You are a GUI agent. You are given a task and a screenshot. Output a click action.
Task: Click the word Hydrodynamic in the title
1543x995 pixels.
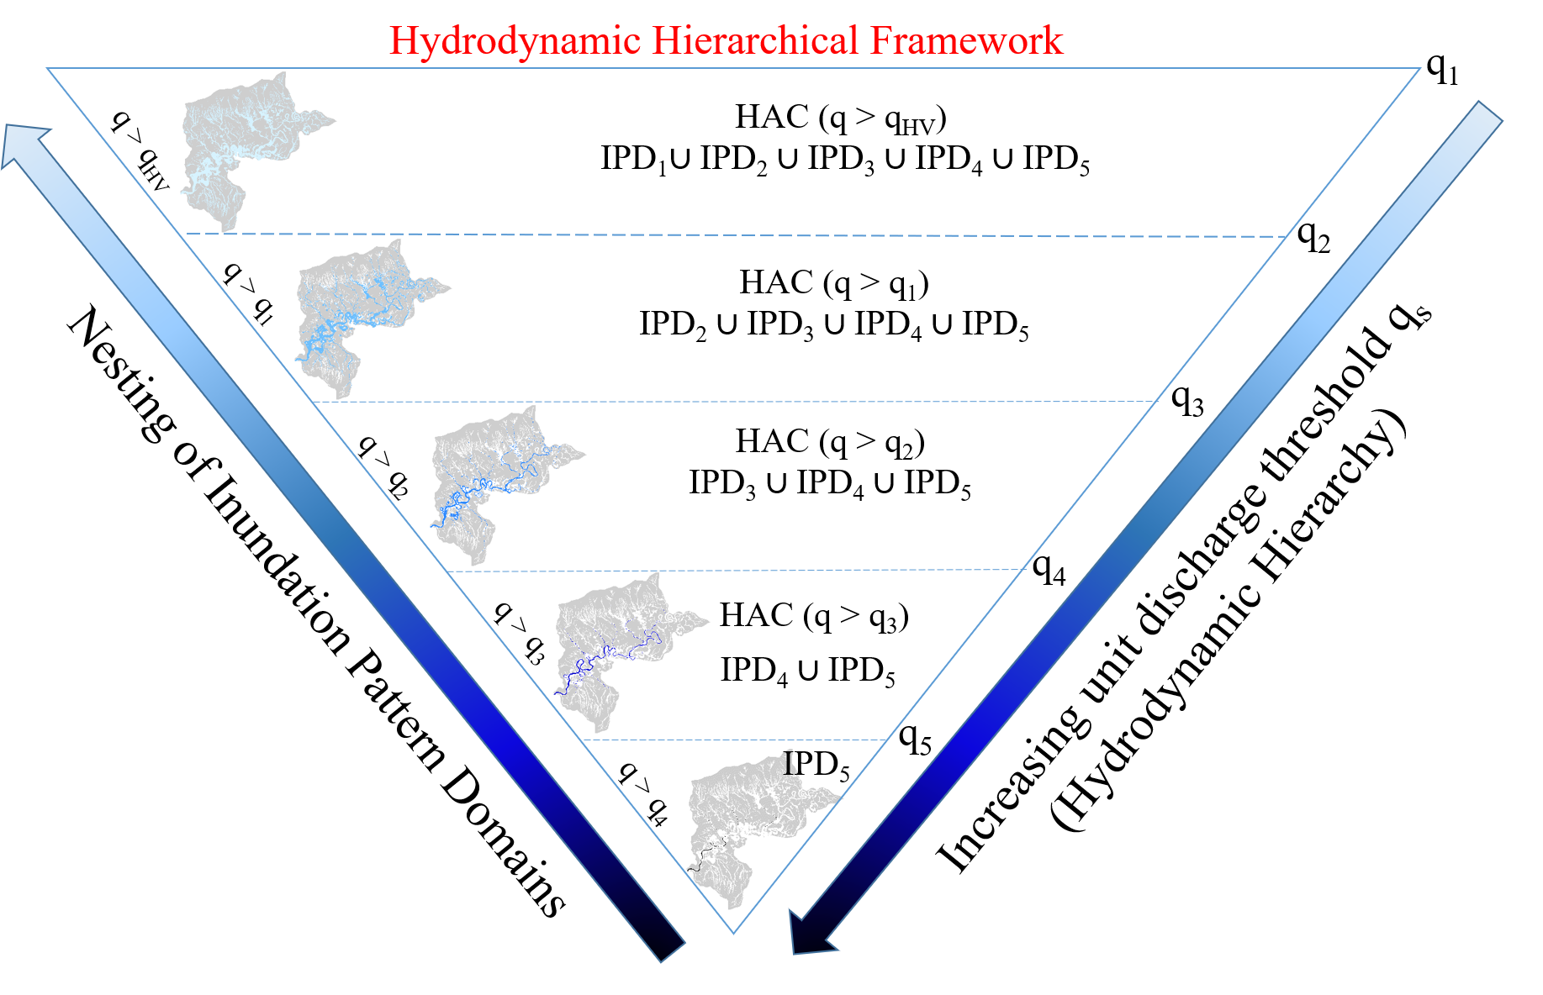point(515,41)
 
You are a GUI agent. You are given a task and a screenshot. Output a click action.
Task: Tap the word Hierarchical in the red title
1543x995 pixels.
point(755,41)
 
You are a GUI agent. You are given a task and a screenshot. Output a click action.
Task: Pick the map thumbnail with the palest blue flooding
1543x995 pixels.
point(255,153)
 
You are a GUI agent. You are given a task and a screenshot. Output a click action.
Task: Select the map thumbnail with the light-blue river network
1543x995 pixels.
point(369,320)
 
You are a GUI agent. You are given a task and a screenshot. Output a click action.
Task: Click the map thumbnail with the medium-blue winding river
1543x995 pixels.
point(505,487)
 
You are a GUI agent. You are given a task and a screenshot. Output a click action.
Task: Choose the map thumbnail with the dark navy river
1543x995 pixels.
point(628,655)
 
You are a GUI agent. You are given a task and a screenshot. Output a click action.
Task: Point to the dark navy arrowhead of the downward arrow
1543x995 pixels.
point(809,934)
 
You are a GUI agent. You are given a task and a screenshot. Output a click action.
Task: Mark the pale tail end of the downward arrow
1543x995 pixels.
point(1488,113)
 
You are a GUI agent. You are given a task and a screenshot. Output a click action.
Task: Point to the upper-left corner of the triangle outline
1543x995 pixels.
point(47,68)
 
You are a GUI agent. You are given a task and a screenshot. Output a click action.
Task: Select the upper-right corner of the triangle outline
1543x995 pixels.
point(1420,68)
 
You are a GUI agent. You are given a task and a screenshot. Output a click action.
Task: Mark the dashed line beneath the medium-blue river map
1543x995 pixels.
point(841,570)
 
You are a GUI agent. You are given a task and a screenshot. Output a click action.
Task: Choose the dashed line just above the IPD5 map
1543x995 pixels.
point(799,740)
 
